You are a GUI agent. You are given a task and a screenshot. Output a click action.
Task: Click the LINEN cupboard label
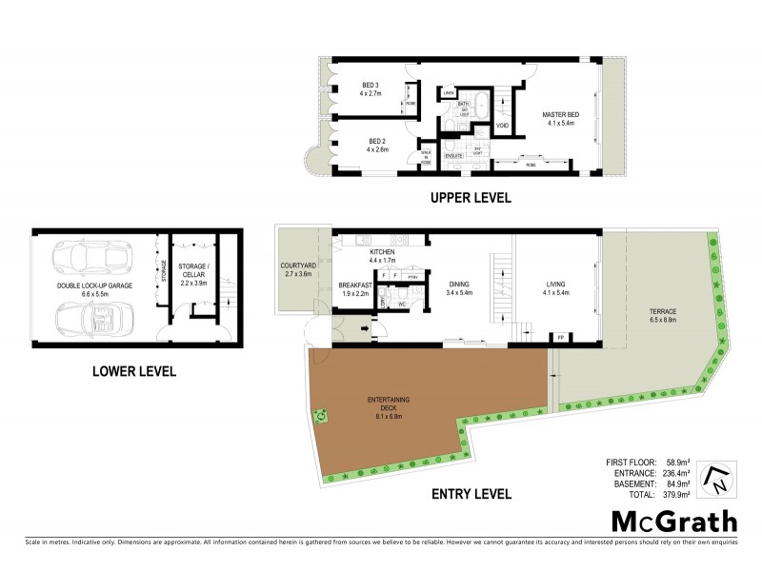tap(462, 92)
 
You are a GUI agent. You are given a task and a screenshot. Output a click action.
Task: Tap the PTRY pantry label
tap(412, 277)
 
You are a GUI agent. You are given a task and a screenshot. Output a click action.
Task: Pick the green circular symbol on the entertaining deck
tap(323, 415)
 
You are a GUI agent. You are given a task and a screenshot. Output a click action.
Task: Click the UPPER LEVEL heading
tap(471, 199)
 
